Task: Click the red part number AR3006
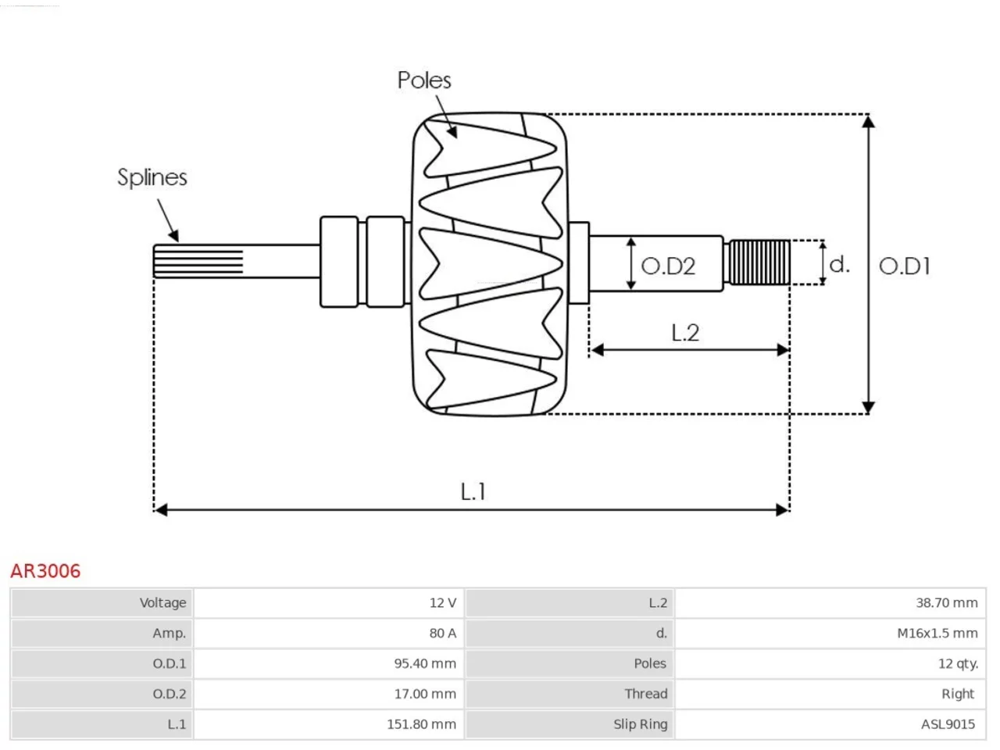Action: pos(45,571)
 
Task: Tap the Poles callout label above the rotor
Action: pos(424,80)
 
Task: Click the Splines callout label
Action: pos(152,177)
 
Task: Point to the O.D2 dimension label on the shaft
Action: pos(668,266)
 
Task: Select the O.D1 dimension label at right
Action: pos(905,266)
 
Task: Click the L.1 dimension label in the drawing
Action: pos(473,491)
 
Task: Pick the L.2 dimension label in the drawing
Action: pos(685,333)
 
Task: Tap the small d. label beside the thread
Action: pos(840,264)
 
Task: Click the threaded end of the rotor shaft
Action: pos(759,262)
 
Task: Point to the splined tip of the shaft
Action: pos(198,262)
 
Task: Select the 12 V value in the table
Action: pos(442,603)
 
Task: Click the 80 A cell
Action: pos(442,633)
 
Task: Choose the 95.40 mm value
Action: pos(425,663)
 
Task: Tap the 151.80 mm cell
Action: pos(421,724)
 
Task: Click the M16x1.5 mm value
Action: pos(937,633)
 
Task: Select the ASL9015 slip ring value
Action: pos(948,724)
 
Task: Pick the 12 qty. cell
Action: pos(958,664)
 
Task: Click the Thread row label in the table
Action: pos(645,694)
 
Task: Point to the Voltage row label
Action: pos(162,603)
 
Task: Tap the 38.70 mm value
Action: pos(947,603)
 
